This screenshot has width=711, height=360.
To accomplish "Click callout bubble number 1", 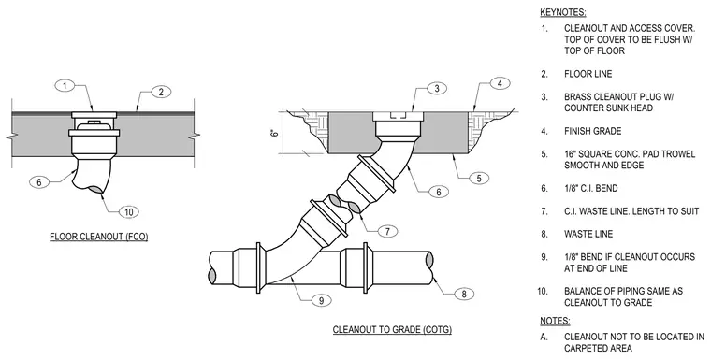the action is tap(65, 85).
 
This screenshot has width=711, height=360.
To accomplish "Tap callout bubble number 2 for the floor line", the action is tap(161, 92).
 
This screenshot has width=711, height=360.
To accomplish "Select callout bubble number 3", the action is tap(437, 89).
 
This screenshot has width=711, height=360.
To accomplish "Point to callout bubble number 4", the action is tap(500, 83).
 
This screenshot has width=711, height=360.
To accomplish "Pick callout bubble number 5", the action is tap(479, 179).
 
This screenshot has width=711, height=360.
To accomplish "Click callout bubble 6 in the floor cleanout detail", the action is tap(39, 182).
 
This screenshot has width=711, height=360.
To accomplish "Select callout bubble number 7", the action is tap(387, 231).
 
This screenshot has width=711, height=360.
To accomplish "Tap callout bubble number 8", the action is tap(463, 294).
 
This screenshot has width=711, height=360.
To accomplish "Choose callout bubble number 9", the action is tap(321, 300).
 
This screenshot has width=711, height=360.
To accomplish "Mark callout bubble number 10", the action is tap(129, 211).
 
